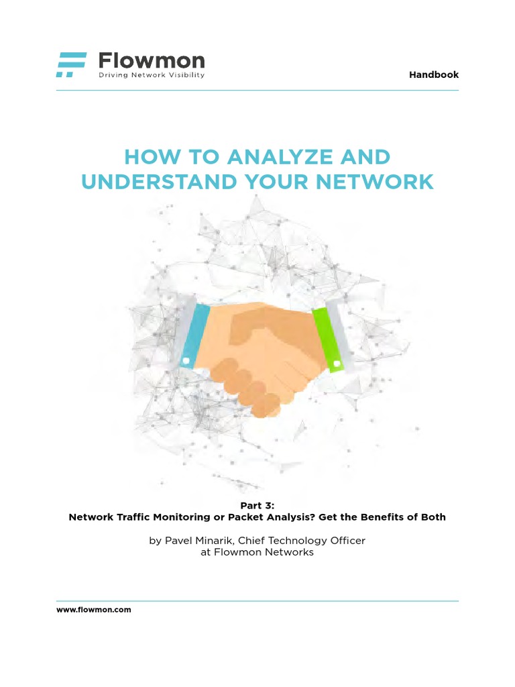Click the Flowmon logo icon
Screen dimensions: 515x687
(x=71, y=64)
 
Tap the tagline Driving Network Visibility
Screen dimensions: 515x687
(x=152, y=75)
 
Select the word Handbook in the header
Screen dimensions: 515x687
(x=434, y=74)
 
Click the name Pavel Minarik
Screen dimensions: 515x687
(x=196, y=540)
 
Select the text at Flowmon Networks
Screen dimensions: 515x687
(x=257, y=552)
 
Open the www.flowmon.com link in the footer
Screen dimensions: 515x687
(x=93, y=610)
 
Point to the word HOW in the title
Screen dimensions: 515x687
(x=146, y=158)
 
